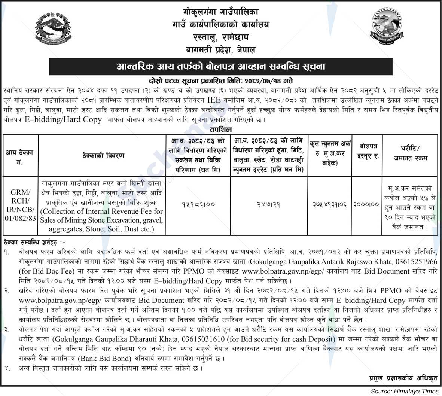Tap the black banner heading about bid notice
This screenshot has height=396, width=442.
coord(221,67)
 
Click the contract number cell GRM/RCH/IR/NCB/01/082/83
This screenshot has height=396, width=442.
coord(20,206)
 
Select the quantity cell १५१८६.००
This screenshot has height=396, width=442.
coord(198,204)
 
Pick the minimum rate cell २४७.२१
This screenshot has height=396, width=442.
coord(269,204)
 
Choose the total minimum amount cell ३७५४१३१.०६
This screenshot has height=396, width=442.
coord(330,204)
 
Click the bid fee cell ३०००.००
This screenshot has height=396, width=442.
coord(366,204)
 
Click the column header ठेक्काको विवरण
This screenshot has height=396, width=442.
coord(103,155)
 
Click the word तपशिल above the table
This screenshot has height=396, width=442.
coord(221,129)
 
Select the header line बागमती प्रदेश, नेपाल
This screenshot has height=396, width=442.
coord(221,50)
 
